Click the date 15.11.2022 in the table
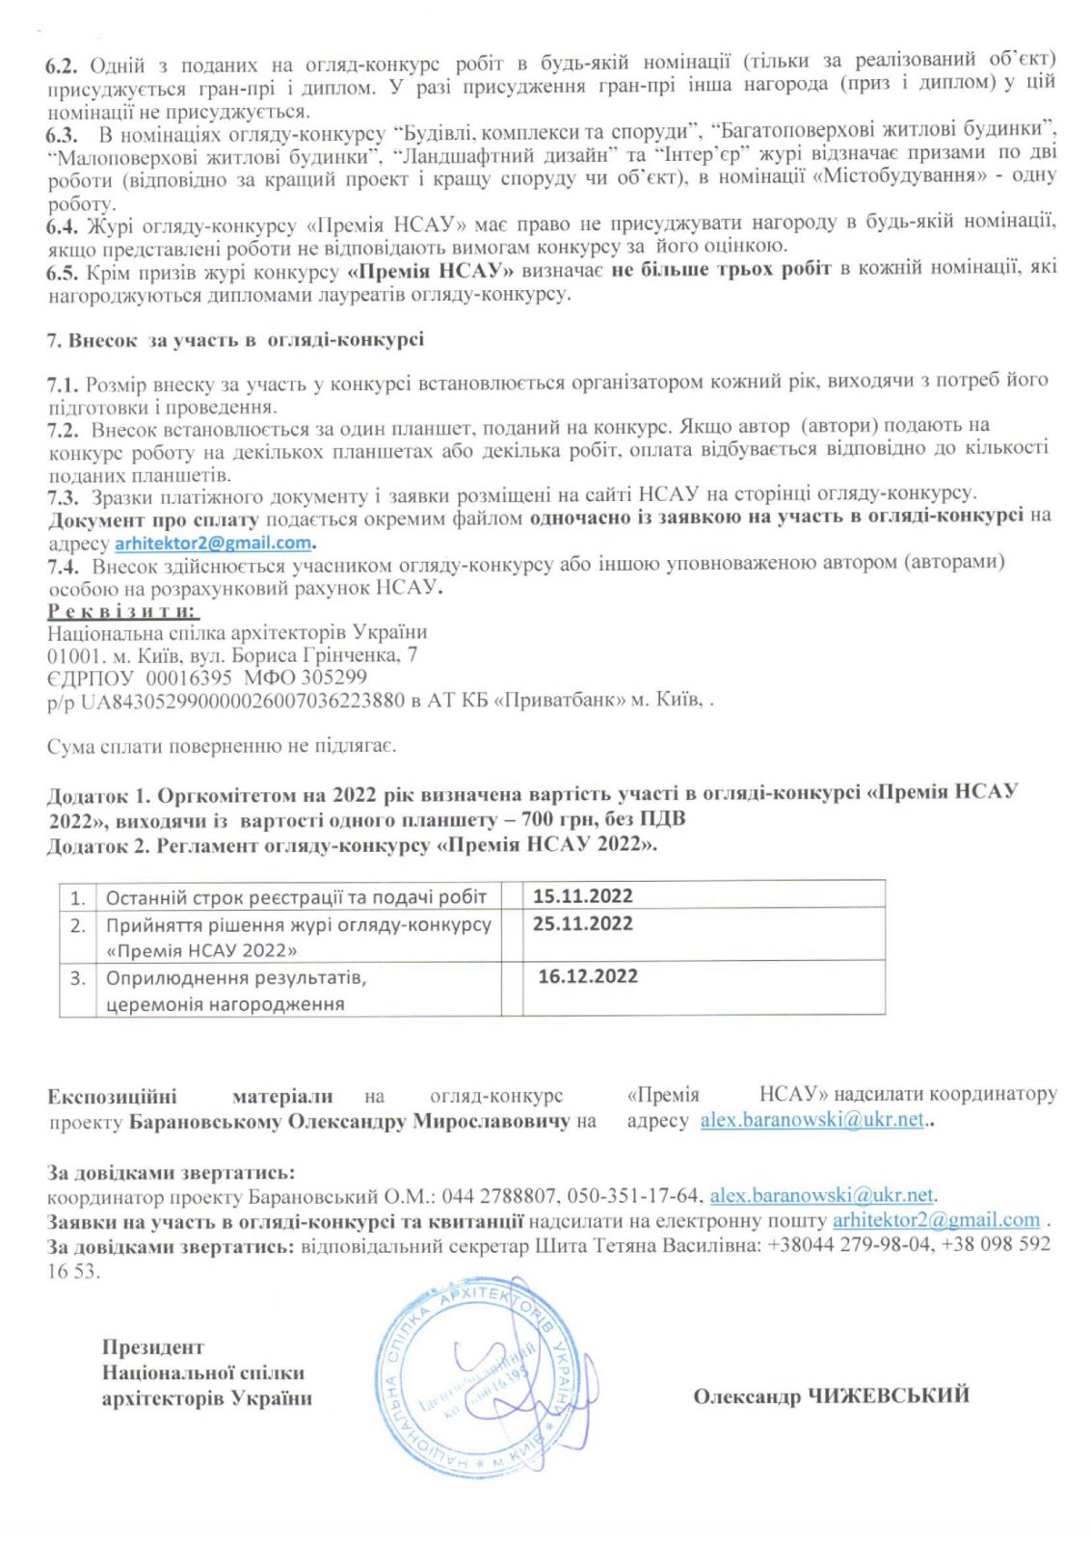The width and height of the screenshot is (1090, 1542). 582,895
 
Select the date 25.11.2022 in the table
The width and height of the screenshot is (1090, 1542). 582,923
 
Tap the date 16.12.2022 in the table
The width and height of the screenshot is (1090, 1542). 587,976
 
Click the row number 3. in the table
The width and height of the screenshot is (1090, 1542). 78,978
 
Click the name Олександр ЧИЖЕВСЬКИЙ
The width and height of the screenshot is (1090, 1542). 831,1396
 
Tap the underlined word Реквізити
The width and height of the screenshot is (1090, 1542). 123,611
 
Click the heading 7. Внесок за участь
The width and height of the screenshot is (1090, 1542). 235,340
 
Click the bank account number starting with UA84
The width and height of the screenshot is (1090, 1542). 242,701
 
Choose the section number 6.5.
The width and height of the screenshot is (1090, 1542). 62,273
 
